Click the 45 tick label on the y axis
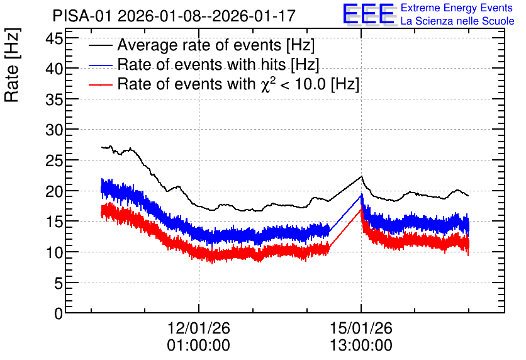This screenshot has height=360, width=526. [x=54, y=39]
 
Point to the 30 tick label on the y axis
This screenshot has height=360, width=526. [x=54, y=130]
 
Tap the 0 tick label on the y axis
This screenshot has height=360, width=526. [x=59, y=313]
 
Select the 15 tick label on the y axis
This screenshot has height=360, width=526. [x=54, y=222]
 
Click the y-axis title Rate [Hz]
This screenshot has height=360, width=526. [x=12, y=65]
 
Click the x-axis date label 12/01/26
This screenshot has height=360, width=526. [x=199, y=328]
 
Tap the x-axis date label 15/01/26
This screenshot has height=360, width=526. [x=361, y=328]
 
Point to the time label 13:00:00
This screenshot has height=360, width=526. [x=361, y=346]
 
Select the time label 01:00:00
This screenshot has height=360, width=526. [x=199, y=346]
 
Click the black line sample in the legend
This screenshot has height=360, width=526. [x=101, y=45]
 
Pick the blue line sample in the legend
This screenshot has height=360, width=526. [x=101, y=65]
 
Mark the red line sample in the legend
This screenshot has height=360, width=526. [x=101, y=84]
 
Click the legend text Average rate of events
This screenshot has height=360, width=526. [x=199, y=45]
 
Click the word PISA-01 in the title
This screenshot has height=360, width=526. [x=82, y=16]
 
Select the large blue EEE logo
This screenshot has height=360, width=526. [x=368, y=14]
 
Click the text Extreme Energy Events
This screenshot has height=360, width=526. [x=457, y=8]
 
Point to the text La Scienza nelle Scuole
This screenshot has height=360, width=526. [x=457, y=21]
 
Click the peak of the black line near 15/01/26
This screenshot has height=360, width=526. [x=362, y=176]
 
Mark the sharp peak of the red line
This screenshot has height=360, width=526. [x=361, y=209]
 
